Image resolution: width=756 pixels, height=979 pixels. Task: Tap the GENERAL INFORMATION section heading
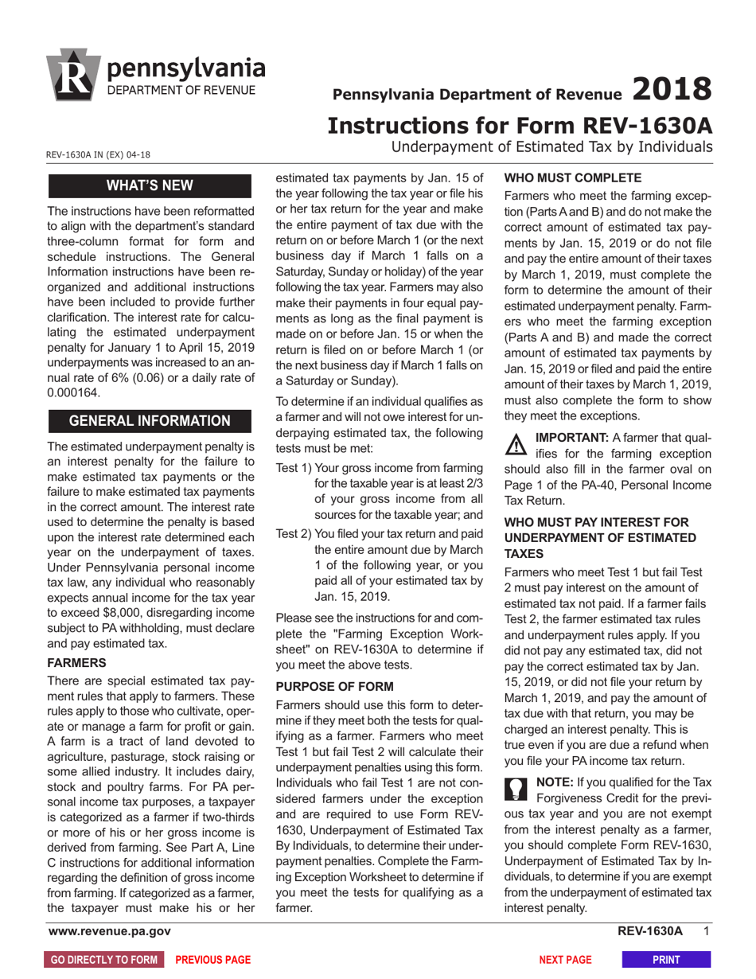click(x=150, y=420)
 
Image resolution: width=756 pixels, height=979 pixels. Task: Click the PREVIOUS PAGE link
click(x=212, y=960)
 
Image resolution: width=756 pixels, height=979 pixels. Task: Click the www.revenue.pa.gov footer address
click(x=109, y=931)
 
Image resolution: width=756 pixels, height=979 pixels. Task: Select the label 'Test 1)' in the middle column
click(x=294, y=466)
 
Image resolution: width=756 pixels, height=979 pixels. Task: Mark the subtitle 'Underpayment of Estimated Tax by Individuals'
click(x=551, y=146)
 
